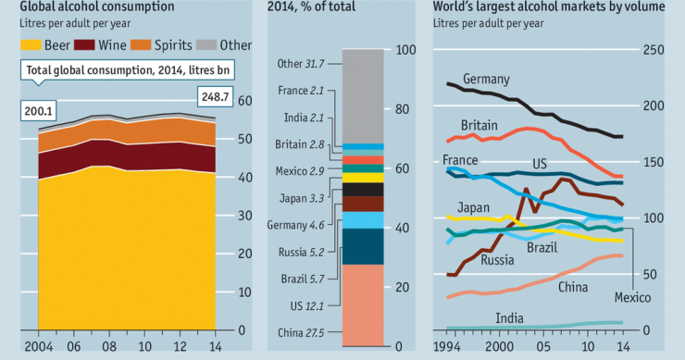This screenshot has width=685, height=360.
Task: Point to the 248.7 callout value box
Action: pyautogui.click(x=217, y=97)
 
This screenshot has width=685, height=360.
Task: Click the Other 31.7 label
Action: pyautogui.click(x=301, y=63)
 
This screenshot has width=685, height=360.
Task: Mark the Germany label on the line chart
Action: pyautogui.click(x=487, y=79)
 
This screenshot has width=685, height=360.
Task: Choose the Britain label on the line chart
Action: pyautogui.click(x=479, y=125)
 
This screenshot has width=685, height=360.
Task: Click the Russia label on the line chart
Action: pyautogui.click(x=497, y=260)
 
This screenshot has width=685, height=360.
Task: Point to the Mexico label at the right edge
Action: pyautogui.click(x=633, y=297)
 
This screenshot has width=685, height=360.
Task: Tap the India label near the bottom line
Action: pyautogui.click(x=508, y=317)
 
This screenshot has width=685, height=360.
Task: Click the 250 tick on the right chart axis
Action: pyautogui.click(x=654, y=49)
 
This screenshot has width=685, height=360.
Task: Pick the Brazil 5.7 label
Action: pyautogui.click(x=303, y=279)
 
